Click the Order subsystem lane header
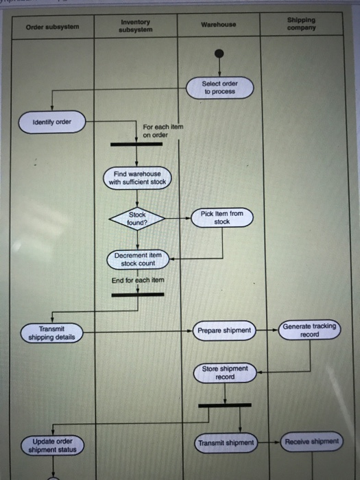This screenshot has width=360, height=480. pos(53,27)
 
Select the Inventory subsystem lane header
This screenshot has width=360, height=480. pos(135,26)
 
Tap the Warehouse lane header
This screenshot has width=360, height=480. pos(219,25)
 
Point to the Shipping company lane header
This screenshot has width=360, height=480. pos(302,24)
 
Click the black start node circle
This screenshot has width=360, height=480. pos(219,54)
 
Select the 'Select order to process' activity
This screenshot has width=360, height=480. pos(219,88)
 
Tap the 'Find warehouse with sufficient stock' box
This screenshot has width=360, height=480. pos(137,178)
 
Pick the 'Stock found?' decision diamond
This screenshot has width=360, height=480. pos(137,218)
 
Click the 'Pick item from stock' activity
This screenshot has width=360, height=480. pos(221,217)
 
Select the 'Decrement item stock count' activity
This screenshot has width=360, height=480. pos(138,259)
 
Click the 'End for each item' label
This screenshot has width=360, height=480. pos(138,280)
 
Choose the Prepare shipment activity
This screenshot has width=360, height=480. pos(224,331)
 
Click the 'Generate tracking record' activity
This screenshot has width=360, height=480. pos(310,330)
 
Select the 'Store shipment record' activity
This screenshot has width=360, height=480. pos(224,373)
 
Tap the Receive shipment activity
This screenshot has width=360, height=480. pos(312,442)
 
